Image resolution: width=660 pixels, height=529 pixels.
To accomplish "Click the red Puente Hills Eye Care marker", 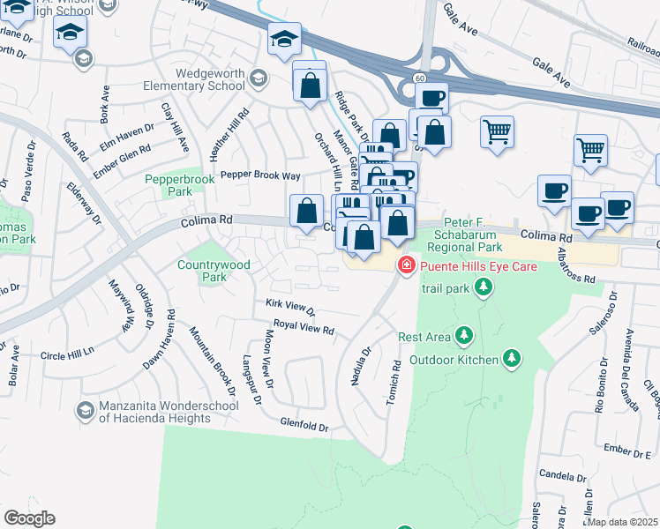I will coord(407,264).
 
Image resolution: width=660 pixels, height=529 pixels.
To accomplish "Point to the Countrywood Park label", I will coord(214,271).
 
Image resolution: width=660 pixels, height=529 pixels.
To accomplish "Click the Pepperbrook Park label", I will coord(180,185).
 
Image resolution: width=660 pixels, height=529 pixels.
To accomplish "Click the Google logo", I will coord(29,518).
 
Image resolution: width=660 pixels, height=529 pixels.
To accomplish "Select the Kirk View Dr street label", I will coord(290,308).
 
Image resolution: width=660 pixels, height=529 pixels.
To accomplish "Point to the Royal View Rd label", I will coord(303,328).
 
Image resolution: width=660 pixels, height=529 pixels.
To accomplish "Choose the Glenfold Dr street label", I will coord(304,426).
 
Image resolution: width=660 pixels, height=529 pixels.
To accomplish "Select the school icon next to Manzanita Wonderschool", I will coord(85,410).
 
